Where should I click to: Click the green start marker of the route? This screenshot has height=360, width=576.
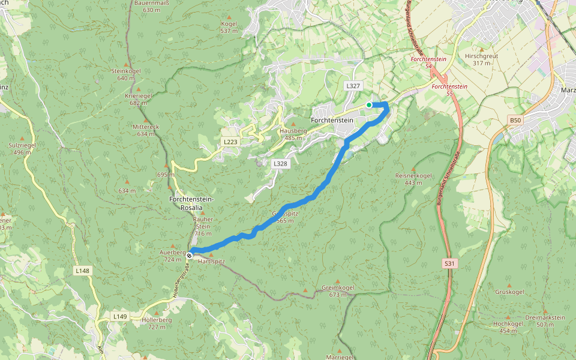(369, 105)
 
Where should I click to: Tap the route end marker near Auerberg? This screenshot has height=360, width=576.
(189, 255)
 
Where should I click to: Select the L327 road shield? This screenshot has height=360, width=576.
(353, 86)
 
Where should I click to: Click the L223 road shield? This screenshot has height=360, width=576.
(230, 142)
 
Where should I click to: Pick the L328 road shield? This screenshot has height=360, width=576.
(280, 163)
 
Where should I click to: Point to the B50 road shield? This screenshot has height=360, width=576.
(515, 121)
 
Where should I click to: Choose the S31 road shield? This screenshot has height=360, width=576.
(449, 263)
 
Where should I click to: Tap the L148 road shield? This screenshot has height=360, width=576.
(83, 271)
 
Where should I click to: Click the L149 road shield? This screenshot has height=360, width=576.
(120, 316)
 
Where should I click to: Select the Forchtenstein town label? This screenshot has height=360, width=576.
(332, 120)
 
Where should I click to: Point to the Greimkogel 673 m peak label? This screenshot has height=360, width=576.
(338, 291)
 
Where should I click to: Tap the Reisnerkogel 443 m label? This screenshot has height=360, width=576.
(413, 179)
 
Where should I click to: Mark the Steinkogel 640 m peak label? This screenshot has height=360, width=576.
(125, 74)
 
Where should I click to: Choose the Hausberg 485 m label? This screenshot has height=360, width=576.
(293, 134)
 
